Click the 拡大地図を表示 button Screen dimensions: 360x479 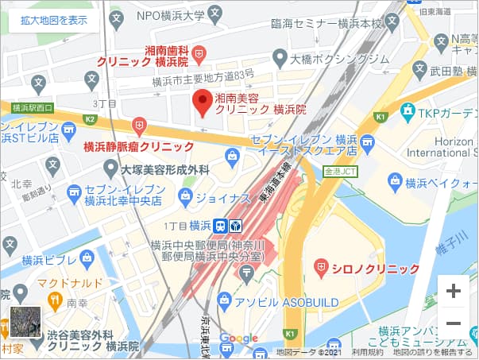(55, 21)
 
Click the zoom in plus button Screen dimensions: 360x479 (454, 291)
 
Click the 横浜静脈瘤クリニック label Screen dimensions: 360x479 (139, 147)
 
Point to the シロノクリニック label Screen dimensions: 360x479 (374, 269)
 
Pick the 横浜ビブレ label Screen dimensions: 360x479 (48, 260)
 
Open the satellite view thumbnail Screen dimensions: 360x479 (25, 322)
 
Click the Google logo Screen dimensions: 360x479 (238, 339)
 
